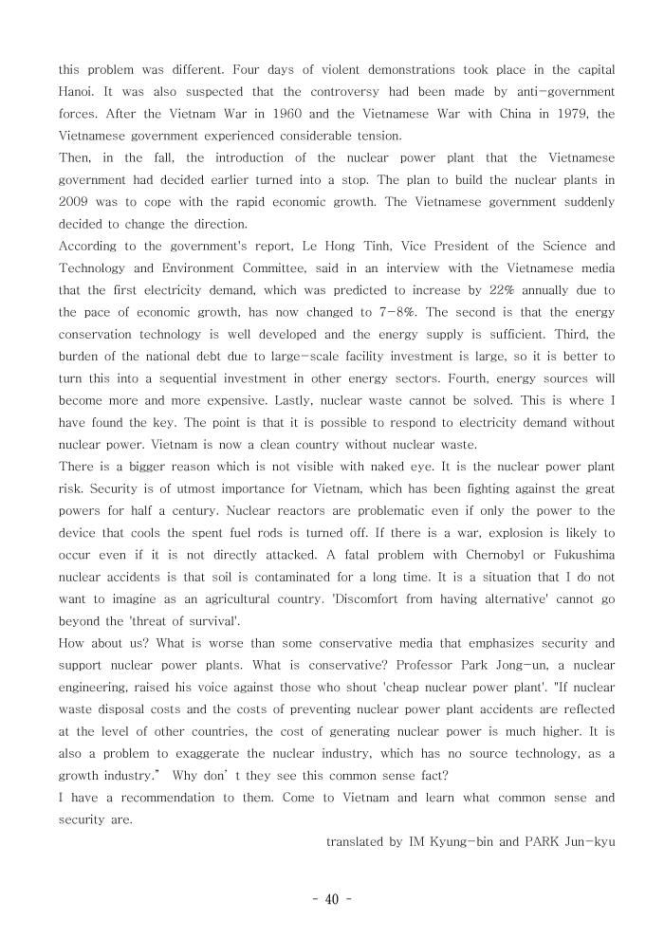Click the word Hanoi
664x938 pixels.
click(x=76, y=93)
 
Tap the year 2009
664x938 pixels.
click(x=74, y=203)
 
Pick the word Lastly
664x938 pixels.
click(x=326, y=400)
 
